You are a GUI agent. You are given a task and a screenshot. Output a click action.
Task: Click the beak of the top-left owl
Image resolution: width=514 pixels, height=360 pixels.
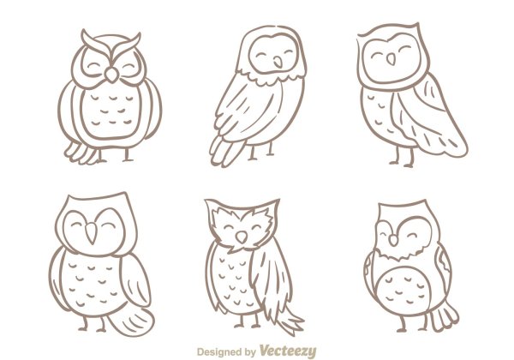(x=111, y=75)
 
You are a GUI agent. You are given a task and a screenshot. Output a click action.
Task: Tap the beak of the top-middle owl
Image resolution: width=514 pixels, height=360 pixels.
(x=278, y=63)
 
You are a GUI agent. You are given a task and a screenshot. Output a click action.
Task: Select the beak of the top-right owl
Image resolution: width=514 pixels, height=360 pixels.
(x=391, y=59)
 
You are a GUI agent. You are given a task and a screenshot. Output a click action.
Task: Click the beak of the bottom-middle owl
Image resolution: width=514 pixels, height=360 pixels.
(x=242, y=237)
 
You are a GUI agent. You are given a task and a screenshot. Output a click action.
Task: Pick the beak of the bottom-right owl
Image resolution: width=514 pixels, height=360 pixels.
(x=393, y=241)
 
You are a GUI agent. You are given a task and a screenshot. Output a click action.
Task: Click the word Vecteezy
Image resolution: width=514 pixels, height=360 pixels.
(x=288, y=351)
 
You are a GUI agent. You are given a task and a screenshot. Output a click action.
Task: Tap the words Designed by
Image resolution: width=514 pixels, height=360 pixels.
(x=226, y=352)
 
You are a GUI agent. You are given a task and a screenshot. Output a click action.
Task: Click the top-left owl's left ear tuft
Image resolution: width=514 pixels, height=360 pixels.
(x=96, y=43)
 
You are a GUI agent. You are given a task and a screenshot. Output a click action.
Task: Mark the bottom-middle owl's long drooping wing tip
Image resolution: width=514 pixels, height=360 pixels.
(x=289, y=320)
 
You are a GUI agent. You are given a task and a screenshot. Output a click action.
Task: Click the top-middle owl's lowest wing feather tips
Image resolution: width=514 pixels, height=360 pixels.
(x=226, y=151)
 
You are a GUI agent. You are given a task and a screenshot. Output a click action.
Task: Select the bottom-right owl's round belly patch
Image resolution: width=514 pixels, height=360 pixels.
(x=403, y=290)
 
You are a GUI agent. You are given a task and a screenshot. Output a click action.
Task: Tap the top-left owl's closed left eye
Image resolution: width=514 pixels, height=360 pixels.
(x=93, y=67)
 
